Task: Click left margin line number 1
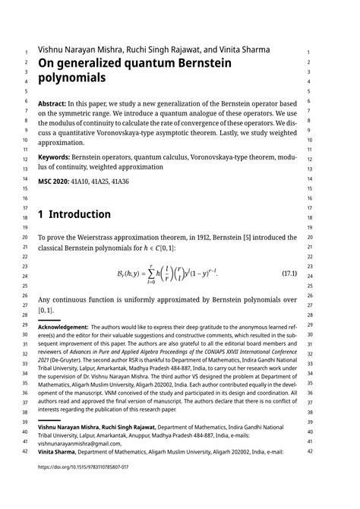(25, 52)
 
